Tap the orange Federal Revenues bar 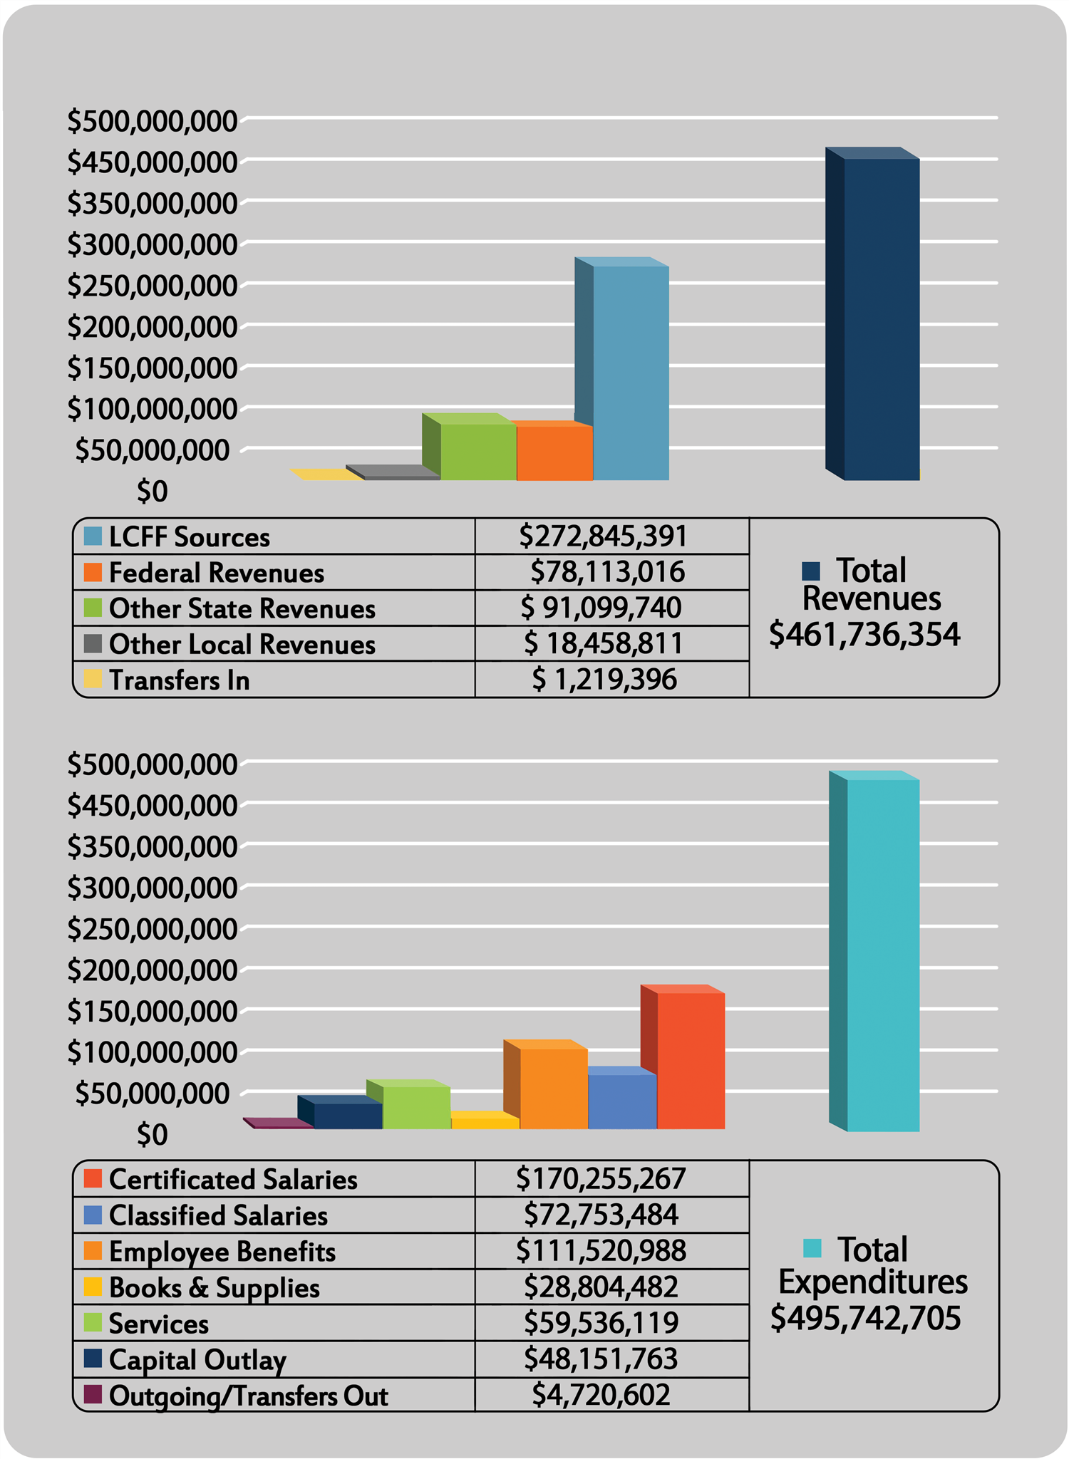tap(554, 453)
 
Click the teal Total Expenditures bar tap(883, 955)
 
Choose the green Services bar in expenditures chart tap(416, 1107)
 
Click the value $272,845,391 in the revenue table tap(603, 536)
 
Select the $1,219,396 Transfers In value tap(604, 680)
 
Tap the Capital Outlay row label tap(197, 1359)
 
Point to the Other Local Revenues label tap(242, 644)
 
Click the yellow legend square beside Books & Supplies tap(93, 1287)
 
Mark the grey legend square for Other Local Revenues tap(93, 643)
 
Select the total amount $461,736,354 tap(864, 633)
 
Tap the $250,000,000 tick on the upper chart tap(152, 286)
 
